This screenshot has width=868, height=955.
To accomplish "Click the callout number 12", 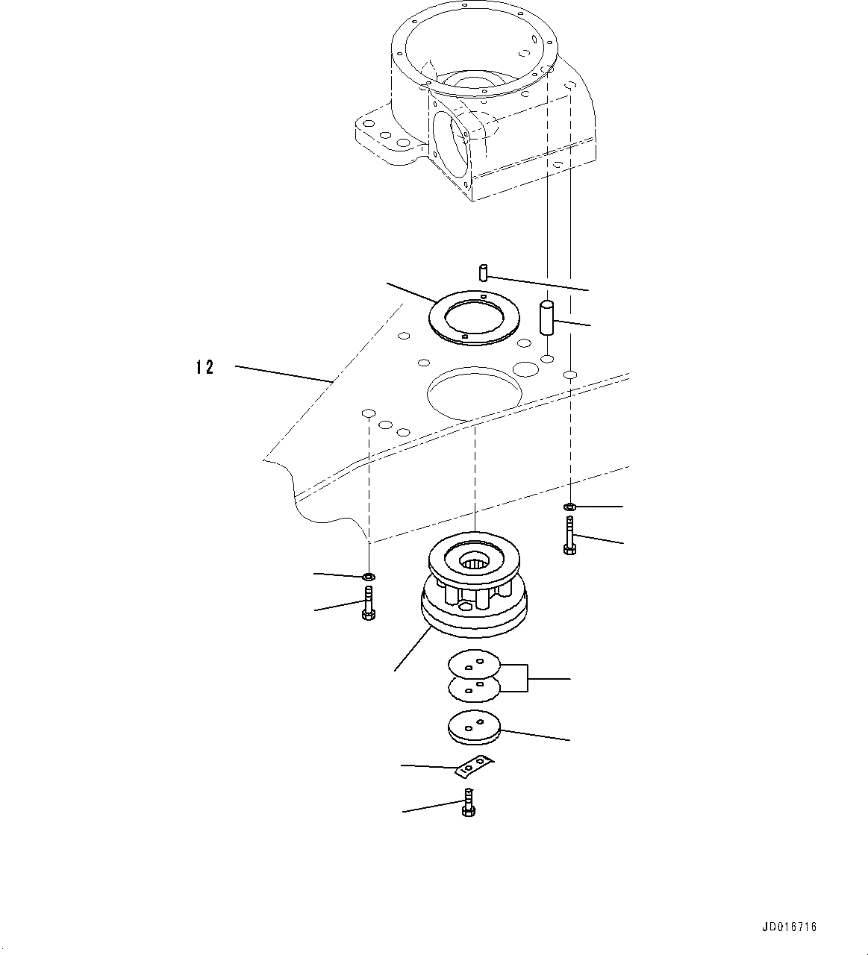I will coord(204,367).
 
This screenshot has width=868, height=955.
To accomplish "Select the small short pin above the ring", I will coord(483,272).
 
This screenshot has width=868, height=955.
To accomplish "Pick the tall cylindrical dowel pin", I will coord(546,319).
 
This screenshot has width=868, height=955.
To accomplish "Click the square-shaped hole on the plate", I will coord(367,413).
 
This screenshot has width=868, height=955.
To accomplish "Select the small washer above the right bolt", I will coord(569,507).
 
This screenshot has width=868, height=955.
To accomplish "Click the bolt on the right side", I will coord(569,538).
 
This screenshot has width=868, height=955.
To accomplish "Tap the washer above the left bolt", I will coord(368,577).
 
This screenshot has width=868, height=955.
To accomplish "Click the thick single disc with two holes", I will coord(474,728).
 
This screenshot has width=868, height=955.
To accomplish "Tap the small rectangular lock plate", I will coord(474,765).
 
